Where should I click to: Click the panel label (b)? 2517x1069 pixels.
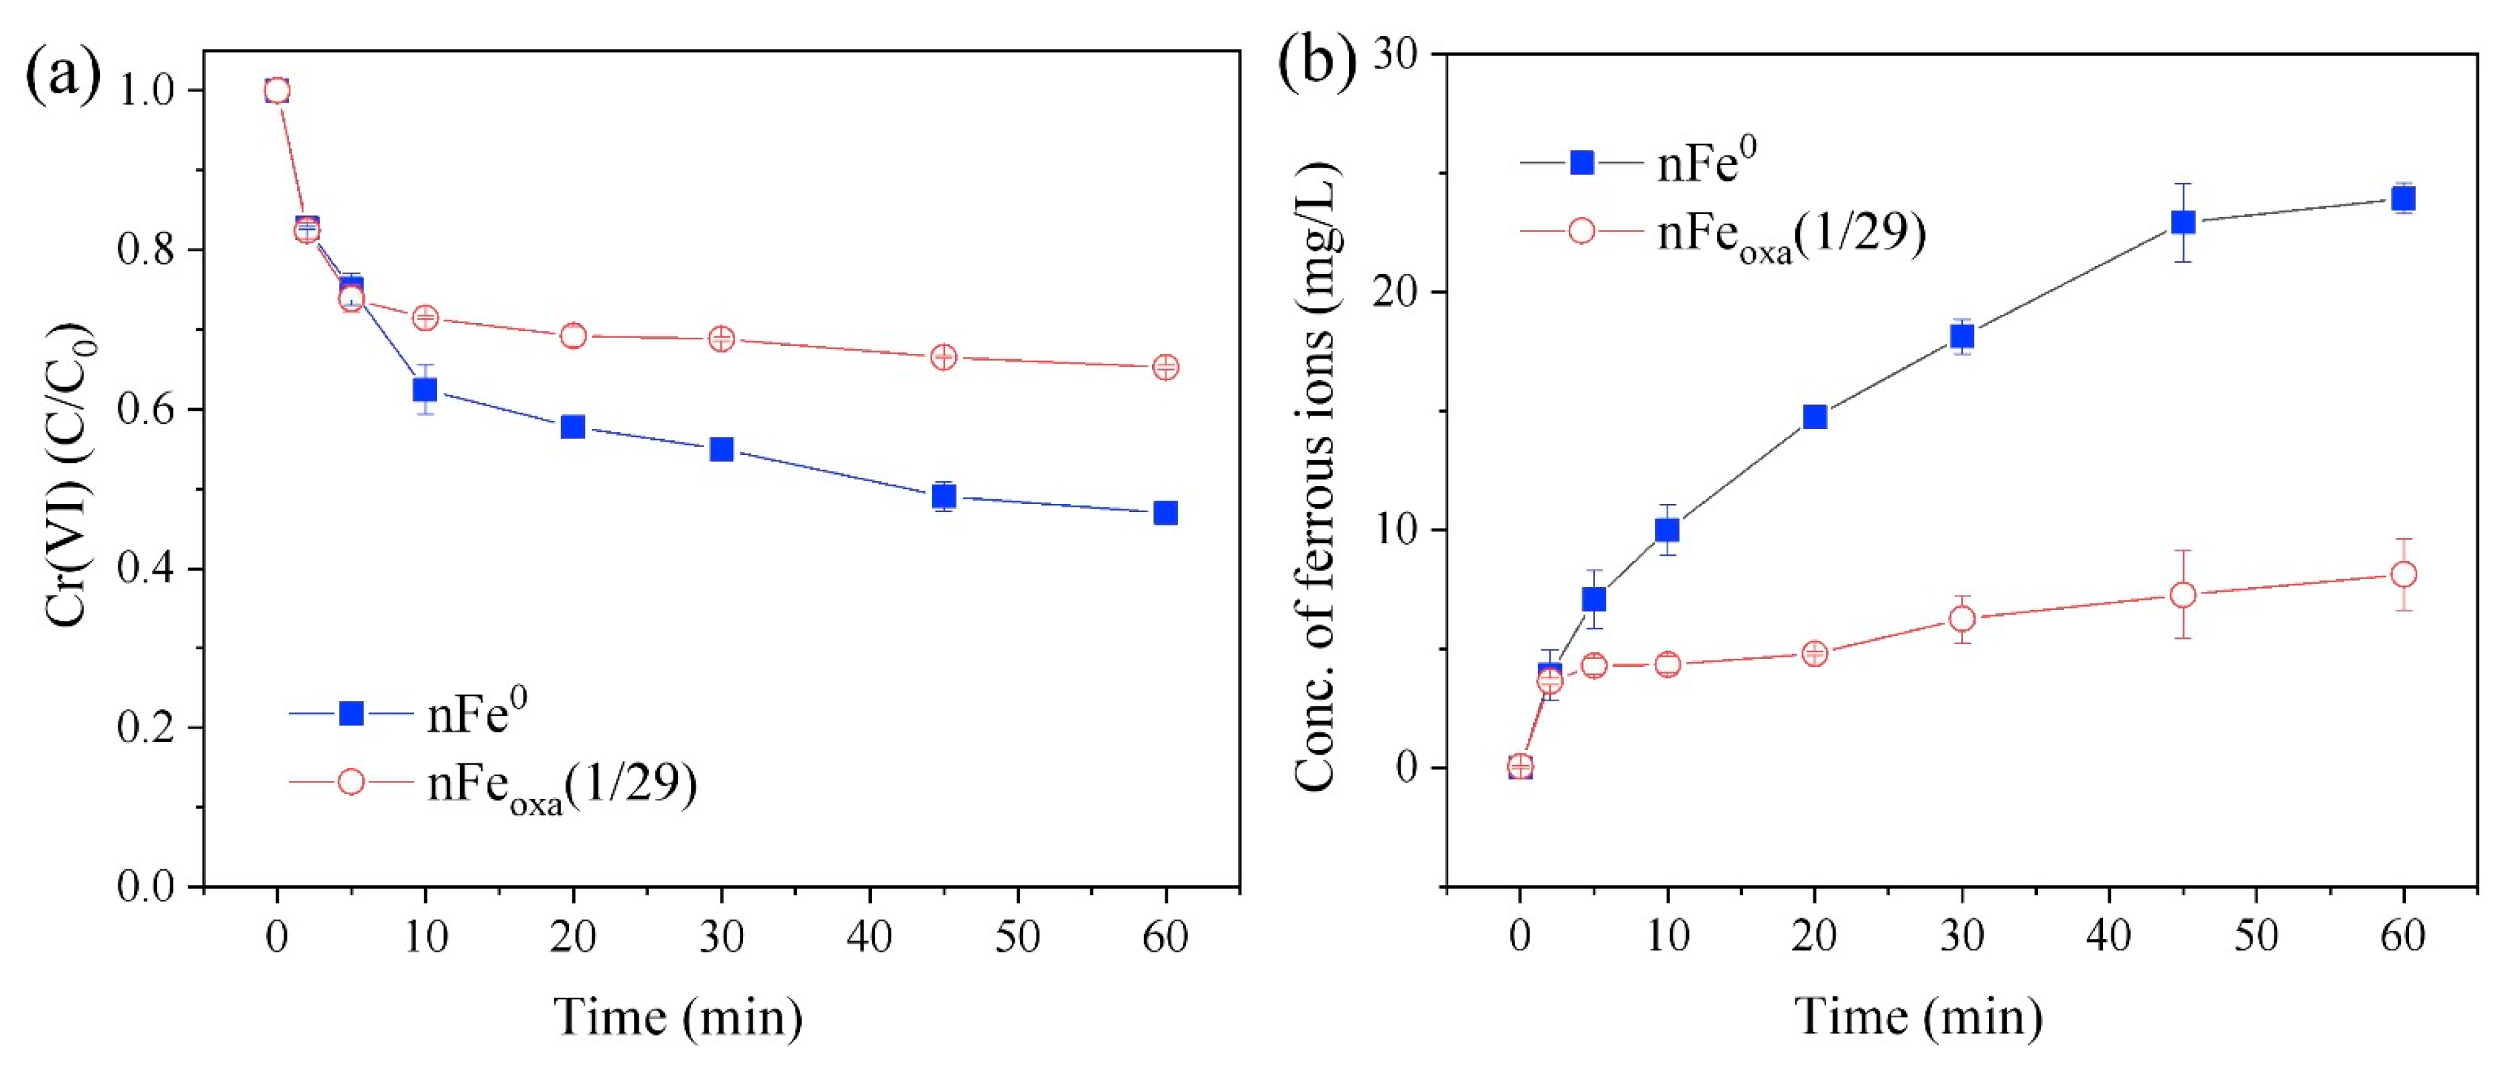(1316, 62)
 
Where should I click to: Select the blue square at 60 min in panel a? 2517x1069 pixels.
(1165, 513)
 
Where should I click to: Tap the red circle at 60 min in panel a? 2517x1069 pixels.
(1165, 367)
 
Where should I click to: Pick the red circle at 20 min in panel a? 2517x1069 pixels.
(574, 336)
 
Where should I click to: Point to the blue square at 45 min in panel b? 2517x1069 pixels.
(2183, 223)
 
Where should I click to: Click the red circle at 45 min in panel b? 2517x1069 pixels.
(2183, 595)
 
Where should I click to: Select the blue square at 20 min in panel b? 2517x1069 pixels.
(1815, 418)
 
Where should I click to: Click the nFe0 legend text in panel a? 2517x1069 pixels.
(477, 714)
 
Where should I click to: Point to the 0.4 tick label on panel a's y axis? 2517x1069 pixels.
(147, 569)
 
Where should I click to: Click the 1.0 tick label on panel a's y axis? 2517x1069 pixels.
(147, 91)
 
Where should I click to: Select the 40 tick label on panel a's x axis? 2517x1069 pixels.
(868, 938)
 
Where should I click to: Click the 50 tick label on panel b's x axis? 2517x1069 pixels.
(2255, 938)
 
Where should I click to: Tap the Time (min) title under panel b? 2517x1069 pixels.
(1919, 1017)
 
